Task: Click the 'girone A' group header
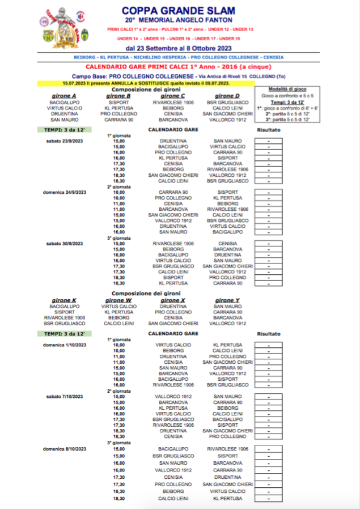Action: [63, 96]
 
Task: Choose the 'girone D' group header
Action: [227, 96]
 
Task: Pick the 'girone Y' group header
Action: [227, 300]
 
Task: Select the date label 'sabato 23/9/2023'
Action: [64, 141]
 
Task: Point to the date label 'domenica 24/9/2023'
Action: [63, 192]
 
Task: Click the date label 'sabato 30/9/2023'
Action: [64, 243]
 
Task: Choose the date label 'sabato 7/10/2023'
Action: [64, 396]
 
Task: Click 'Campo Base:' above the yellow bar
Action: [90, 75]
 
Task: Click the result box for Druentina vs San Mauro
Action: [269, 141]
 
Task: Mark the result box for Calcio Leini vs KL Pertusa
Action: [269, 499]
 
